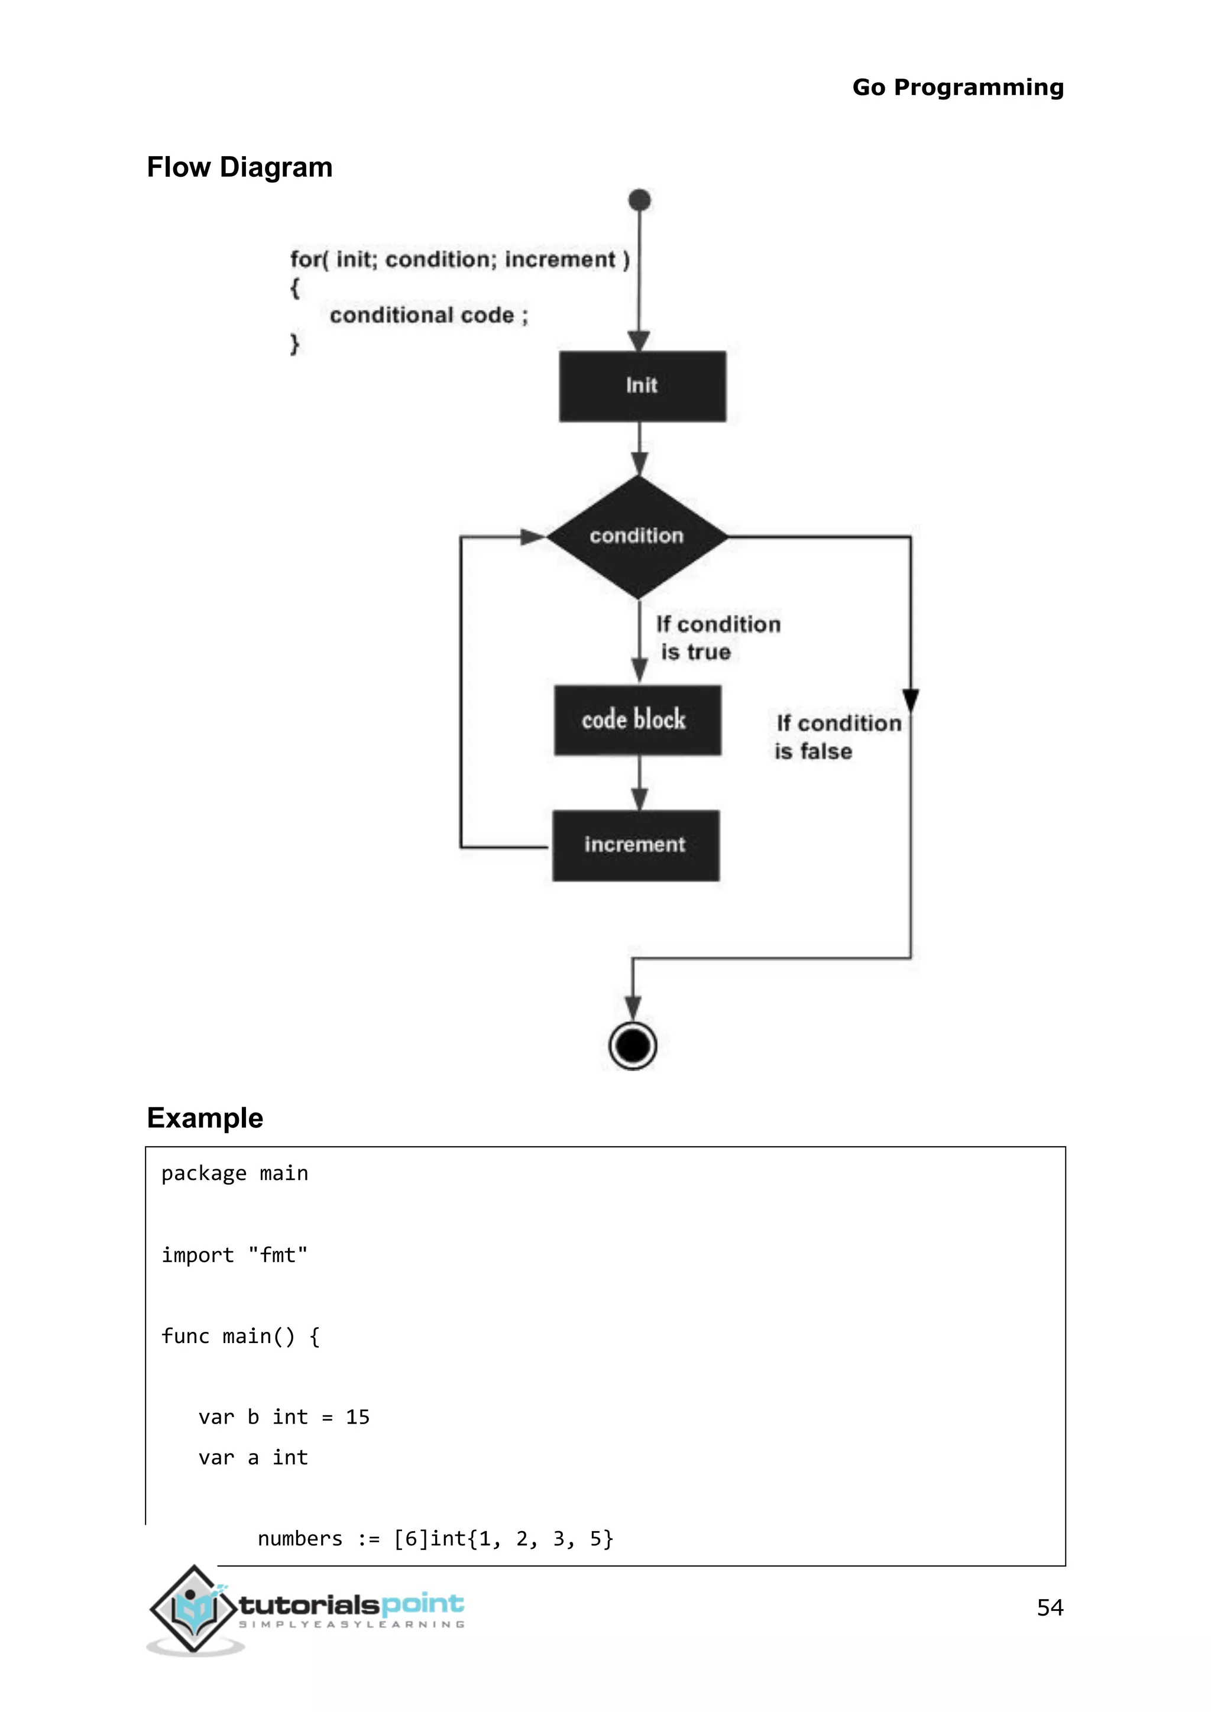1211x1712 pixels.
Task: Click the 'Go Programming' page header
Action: click(957, 87)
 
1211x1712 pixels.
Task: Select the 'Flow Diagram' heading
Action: click(239, 167)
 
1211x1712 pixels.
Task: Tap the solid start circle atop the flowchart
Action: click(640, 200)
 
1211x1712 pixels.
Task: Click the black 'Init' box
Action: click(642, 386)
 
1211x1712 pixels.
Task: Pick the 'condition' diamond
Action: click(637, 536)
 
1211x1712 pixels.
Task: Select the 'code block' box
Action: click(637, 720)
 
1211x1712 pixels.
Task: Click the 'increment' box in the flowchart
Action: click(635, 845)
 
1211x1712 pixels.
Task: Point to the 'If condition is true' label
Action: click(717, 637)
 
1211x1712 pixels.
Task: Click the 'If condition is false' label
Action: click(837, 737)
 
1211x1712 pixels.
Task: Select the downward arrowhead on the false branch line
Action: click(911, 700)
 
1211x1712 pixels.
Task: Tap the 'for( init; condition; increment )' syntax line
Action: click(459, 260)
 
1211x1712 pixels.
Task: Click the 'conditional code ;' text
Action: click(429, 316)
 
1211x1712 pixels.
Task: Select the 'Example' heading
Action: click(205, 1118)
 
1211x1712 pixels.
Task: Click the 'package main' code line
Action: click(234, 1173)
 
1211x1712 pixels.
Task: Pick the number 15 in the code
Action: click(357, 1417)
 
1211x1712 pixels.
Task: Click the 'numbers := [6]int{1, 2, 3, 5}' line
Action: click(435, 1538)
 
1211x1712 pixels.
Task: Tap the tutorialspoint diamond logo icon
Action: click(194, 1609)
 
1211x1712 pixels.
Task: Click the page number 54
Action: click(1049, 1607)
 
